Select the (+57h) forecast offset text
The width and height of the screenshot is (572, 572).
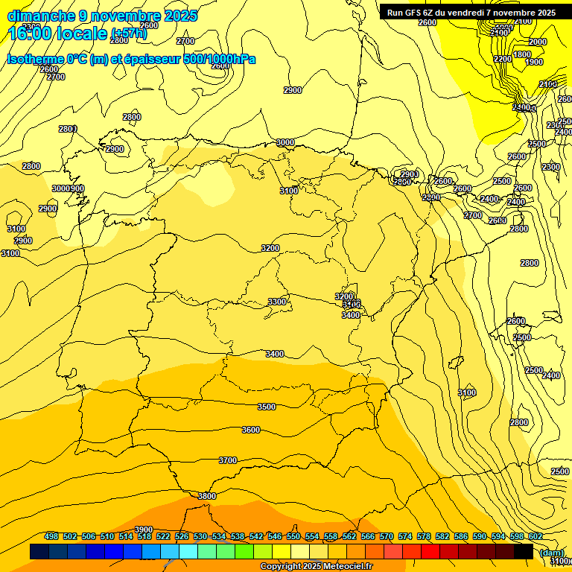point(130,34)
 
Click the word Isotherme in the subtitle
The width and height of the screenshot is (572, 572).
point(35,59)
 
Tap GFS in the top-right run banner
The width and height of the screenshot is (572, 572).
point(416,13)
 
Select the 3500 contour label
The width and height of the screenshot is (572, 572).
point(267,407)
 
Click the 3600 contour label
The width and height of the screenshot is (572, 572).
point(251,430)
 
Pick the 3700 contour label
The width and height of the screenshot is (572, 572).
point(228,460)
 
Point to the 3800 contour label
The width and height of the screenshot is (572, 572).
point(207,496)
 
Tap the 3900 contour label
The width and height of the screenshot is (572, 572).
point(144,530)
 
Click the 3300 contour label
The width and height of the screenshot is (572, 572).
point(277,302)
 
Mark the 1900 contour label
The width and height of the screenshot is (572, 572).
point(534,63)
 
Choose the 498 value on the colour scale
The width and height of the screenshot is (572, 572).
point(51,536)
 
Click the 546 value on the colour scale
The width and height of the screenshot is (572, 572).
point(275,536)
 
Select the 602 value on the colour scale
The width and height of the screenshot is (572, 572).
point(536,536)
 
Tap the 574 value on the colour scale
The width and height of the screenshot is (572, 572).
point(405,536)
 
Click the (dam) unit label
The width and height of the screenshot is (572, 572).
point(551,552)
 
